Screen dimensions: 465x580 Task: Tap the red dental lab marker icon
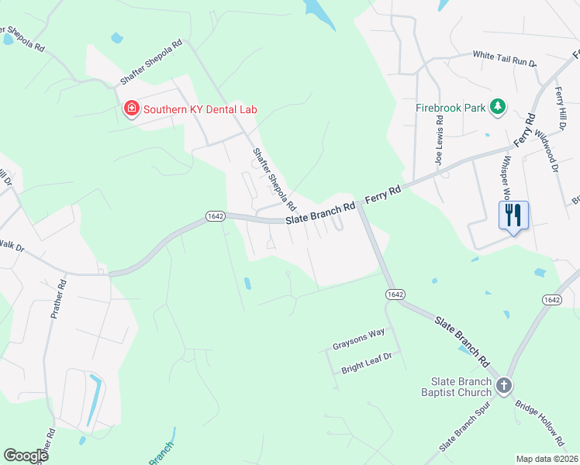click(132, 109)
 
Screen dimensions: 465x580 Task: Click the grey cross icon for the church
click(504, 385)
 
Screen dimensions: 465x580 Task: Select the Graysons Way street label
click(359, 332)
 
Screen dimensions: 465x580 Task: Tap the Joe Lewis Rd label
click(439, 141)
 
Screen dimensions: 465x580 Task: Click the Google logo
click(26, 456)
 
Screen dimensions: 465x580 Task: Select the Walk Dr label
click(11, 249)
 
